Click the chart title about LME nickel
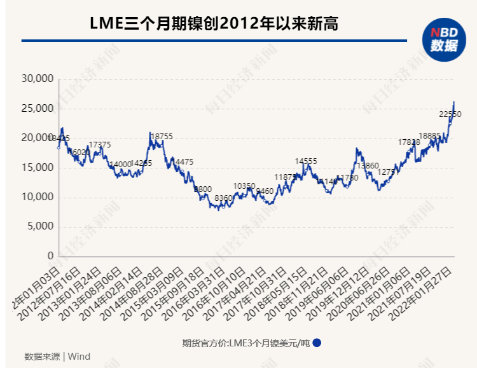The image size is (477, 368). [214, 24]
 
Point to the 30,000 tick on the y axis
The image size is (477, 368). [37, 79]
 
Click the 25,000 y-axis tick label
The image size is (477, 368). [37, 109]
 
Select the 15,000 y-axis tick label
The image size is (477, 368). [37, 168]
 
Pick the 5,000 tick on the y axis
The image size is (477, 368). [39, 227]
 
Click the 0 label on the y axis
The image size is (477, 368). [51, 256]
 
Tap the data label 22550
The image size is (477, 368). [450, 114]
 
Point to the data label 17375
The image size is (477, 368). [100, 145]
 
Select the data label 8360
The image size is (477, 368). [224, 198]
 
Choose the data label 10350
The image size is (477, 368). [244, 186]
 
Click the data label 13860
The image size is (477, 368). [368, 166]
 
